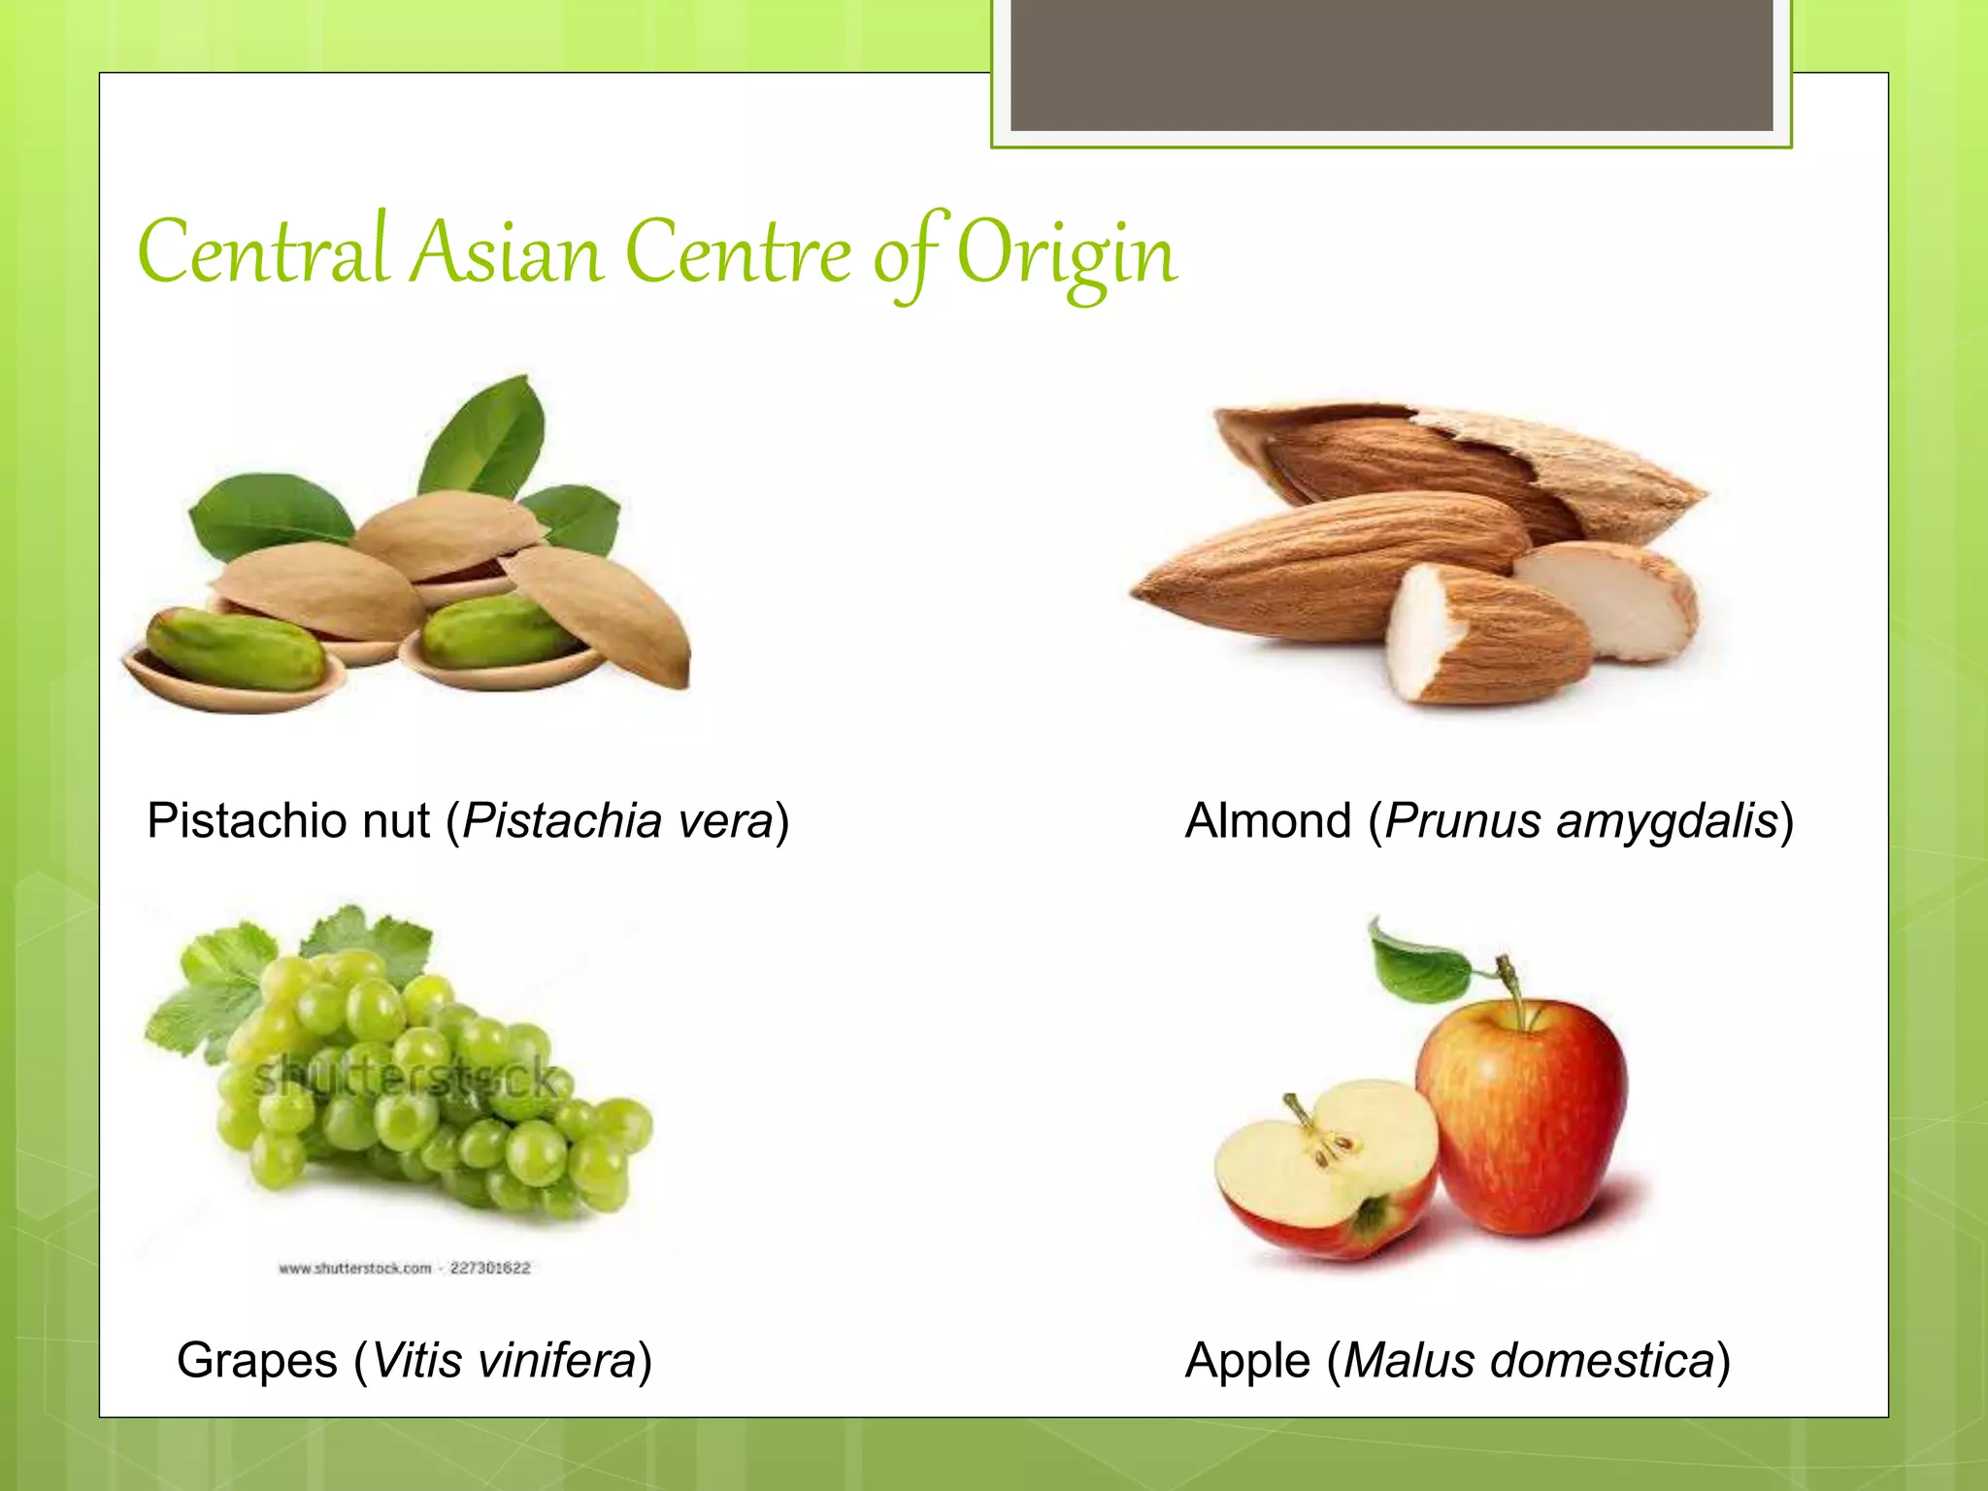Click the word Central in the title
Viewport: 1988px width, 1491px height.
(263, 252)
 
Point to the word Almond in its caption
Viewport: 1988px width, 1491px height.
(1268, 821)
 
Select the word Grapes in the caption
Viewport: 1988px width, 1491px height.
(257, 1360)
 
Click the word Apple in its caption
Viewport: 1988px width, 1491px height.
(1247, 1360)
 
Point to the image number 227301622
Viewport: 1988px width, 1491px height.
(489, 1269)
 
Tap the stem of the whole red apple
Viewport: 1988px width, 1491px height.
(1510, 980)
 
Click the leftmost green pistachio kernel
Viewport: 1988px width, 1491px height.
(236, 648)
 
